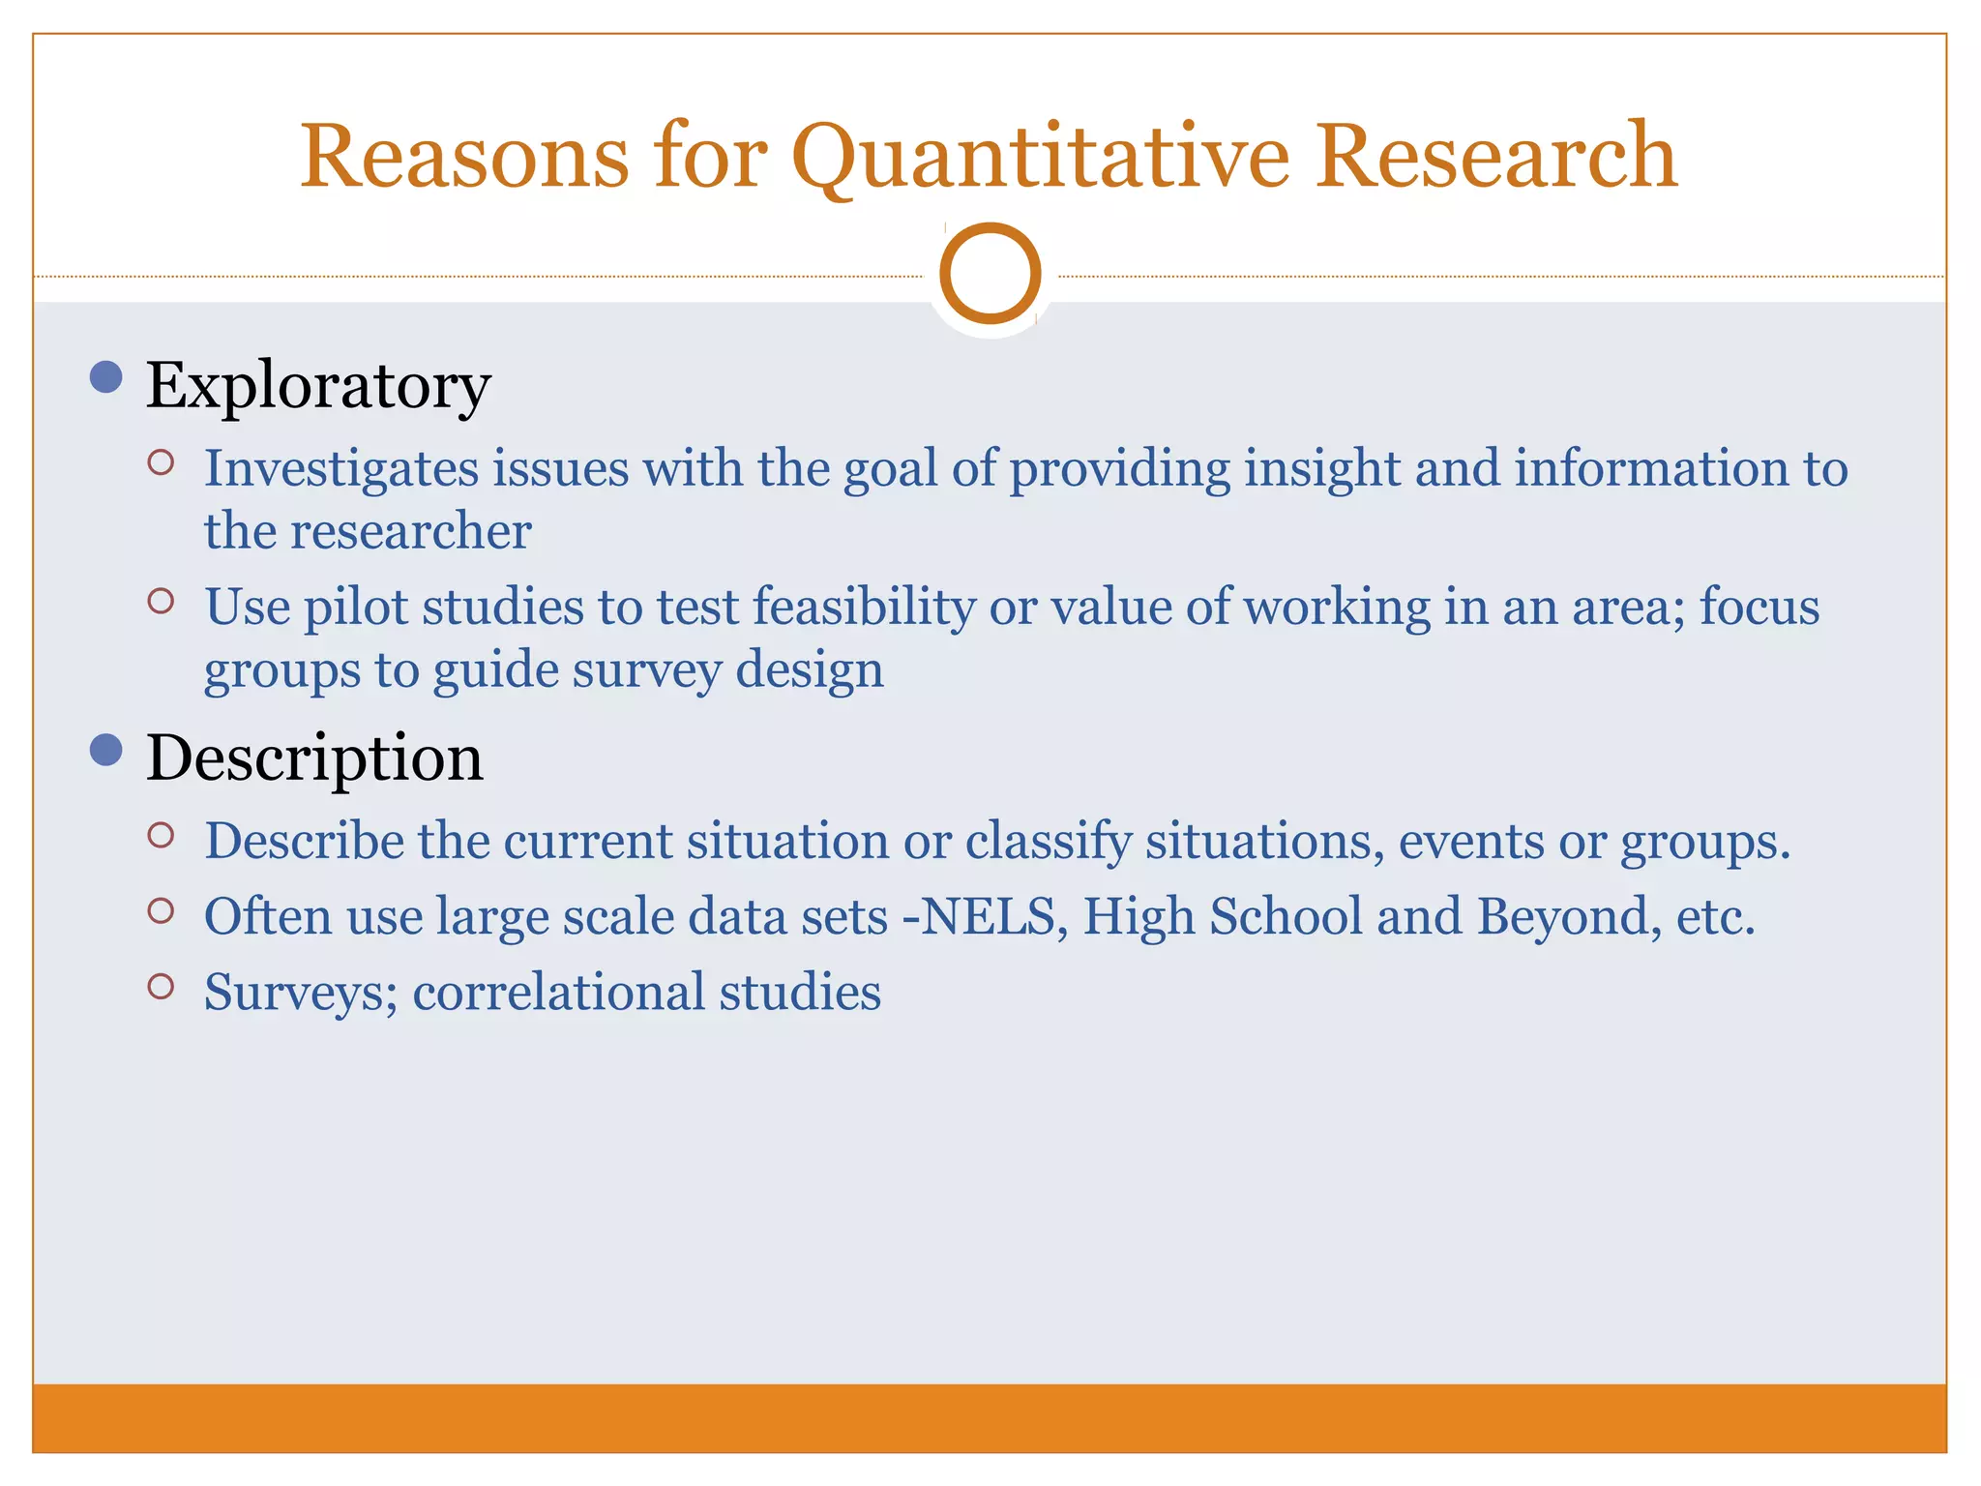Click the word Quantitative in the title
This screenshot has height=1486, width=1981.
point(1040,157)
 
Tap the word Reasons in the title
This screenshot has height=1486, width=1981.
point(464,157)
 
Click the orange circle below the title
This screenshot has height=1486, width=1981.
point(990,274)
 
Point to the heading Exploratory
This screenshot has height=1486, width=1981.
point(318,386)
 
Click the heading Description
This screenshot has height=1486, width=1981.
point(314,758)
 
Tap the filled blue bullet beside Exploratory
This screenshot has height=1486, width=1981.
point(105,377)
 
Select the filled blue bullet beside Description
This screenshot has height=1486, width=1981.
point(105,750)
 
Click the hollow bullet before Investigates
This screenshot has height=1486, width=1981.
point(161,462)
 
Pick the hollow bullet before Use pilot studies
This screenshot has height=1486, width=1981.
point(161,601)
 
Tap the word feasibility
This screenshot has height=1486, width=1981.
point(864,608)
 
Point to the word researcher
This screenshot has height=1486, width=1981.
point(410,531)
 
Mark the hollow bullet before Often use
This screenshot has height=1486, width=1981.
point(161,910)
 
